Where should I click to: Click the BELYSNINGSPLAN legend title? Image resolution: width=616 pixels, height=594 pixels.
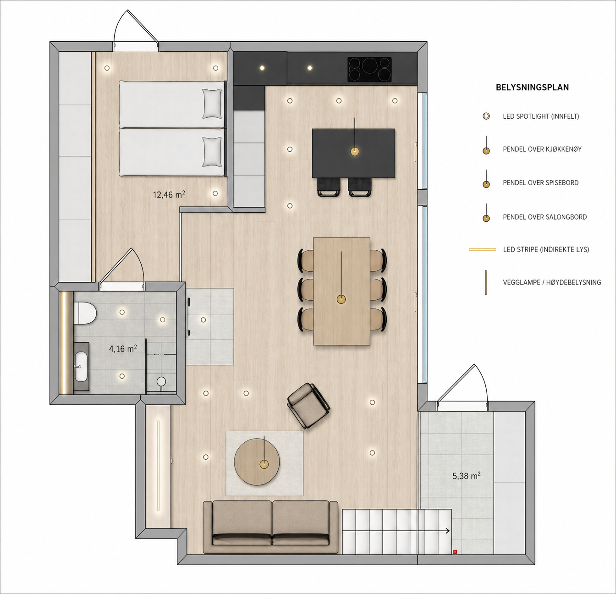point(532,88)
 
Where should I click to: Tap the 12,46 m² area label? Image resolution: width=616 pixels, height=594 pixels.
point(169,194)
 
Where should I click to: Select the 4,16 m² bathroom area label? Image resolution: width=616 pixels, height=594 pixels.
point(123,349)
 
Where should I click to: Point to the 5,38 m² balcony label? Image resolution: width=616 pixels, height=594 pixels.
point(467,476)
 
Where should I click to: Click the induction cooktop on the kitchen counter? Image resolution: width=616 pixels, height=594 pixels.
point(369,70)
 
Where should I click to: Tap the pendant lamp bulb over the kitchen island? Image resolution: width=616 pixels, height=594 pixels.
point(355,152)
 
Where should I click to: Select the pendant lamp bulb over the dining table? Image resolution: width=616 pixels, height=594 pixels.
point(341,299)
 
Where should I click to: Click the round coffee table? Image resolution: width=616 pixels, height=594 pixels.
point(257,462)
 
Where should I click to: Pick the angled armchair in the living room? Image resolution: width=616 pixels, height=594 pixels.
point(308,406)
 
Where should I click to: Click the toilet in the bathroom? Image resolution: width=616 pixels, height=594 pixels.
point(85,313)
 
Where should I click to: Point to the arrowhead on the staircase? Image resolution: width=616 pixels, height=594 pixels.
point(448,531)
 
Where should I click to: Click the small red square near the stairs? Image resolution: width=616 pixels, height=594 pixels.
point(455,551)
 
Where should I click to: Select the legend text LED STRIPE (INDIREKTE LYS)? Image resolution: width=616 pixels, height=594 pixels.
point(546,249)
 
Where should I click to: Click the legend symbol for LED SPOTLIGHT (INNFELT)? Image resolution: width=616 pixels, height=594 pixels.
point(486,116)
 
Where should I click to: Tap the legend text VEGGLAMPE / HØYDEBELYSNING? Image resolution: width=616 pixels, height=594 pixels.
point(552,282)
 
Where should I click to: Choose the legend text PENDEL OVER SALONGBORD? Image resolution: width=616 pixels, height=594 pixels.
point(545,217)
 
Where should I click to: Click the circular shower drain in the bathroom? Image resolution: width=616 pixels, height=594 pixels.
point(161,381)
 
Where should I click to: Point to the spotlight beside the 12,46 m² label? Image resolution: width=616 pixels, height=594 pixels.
point(215,193)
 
